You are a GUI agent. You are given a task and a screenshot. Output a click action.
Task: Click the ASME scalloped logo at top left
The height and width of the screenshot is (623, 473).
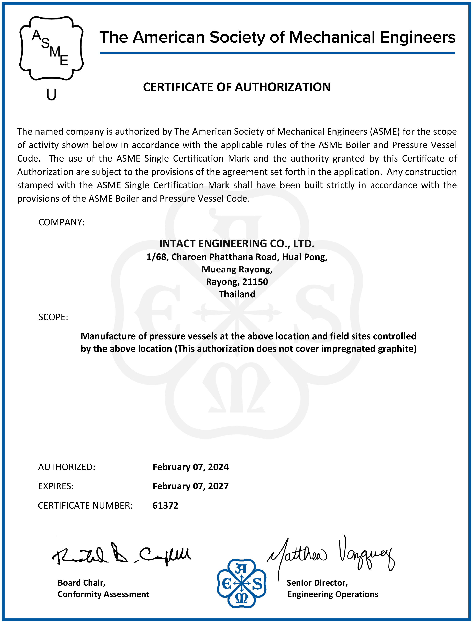[x=51, y=48]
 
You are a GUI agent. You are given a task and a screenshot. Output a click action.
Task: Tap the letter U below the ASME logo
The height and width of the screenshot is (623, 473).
[x=51, y=94]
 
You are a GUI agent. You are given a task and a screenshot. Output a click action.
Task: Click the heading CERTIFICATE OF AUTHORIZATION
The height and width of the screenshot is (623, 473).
[x=236, y=87]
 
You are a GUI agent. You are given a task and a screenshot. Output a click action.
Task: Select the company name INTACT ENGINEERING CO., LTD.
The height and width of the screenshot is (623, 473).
[x=236, y=243]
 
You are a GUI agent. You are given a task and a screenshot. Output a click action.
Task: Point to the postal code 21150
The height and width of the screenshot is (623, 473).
[x=255, y=282]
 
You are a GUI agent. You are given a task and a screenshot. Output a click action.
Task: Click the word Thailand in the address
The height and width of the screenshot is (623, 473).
[x=237, y=294]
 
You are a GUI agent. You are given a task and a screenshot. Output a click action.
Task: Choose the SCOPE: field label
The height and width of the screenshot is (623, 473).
[x=53, y=317]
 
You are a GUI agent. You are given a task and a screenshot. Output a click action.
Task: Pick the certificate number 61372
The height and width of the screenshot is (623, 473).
[x=165, y=506]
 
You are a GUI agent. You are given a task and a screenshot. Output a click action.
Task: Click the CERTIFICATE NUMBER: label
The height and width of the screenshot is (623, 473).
[x=85, y=506]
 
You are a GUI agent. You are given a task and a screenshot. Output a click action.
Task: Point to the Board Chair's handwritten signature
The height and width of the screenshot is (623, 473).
[x=121, y=554]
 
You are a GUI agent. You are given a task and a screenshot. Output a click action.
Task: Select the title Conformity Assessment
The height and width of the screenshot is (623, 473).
[x=103, y=594]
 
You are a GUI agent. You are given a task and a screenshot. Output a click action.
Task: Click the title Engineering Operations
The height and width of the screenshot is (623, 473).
[x=332, y=594]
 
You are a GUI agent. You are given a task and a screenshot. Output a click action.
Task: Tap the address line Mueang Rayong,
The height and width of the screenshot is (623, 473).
[x=237, y=269]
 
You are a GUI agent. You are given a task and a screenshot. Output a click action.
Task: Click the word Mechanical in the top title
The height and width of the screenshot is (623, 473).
[x=332, y=37]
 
